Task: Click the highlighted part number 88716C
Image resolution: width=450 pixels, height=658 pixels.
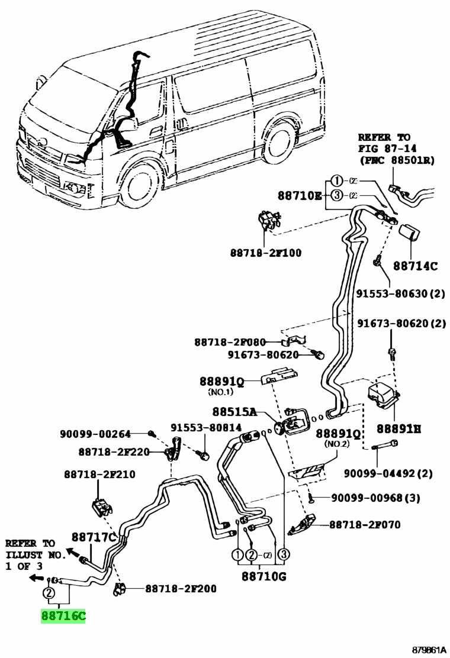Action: [63, 617]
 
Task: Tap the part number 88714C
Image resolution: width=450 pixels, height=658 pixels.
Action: [415, 266]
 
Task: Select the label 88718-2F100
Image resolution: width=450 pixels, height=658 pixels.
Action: [265, 253]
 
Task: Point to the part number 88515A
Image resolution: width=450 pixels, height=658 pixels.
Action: [235, 412]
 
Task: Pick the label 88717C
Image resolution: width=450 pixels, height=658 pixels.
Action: [94, 537]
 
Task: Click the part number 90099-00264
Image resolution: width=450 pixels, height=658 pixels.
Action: [94, 434]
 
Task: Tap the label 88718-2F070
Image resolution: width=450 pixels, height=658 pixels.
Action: [364, 524]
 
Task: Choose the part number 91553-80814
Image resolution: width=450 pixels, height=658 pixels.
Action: [207, 427]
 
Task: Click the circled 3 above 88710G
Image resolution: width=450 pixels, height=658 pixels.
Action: [284, 554]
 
